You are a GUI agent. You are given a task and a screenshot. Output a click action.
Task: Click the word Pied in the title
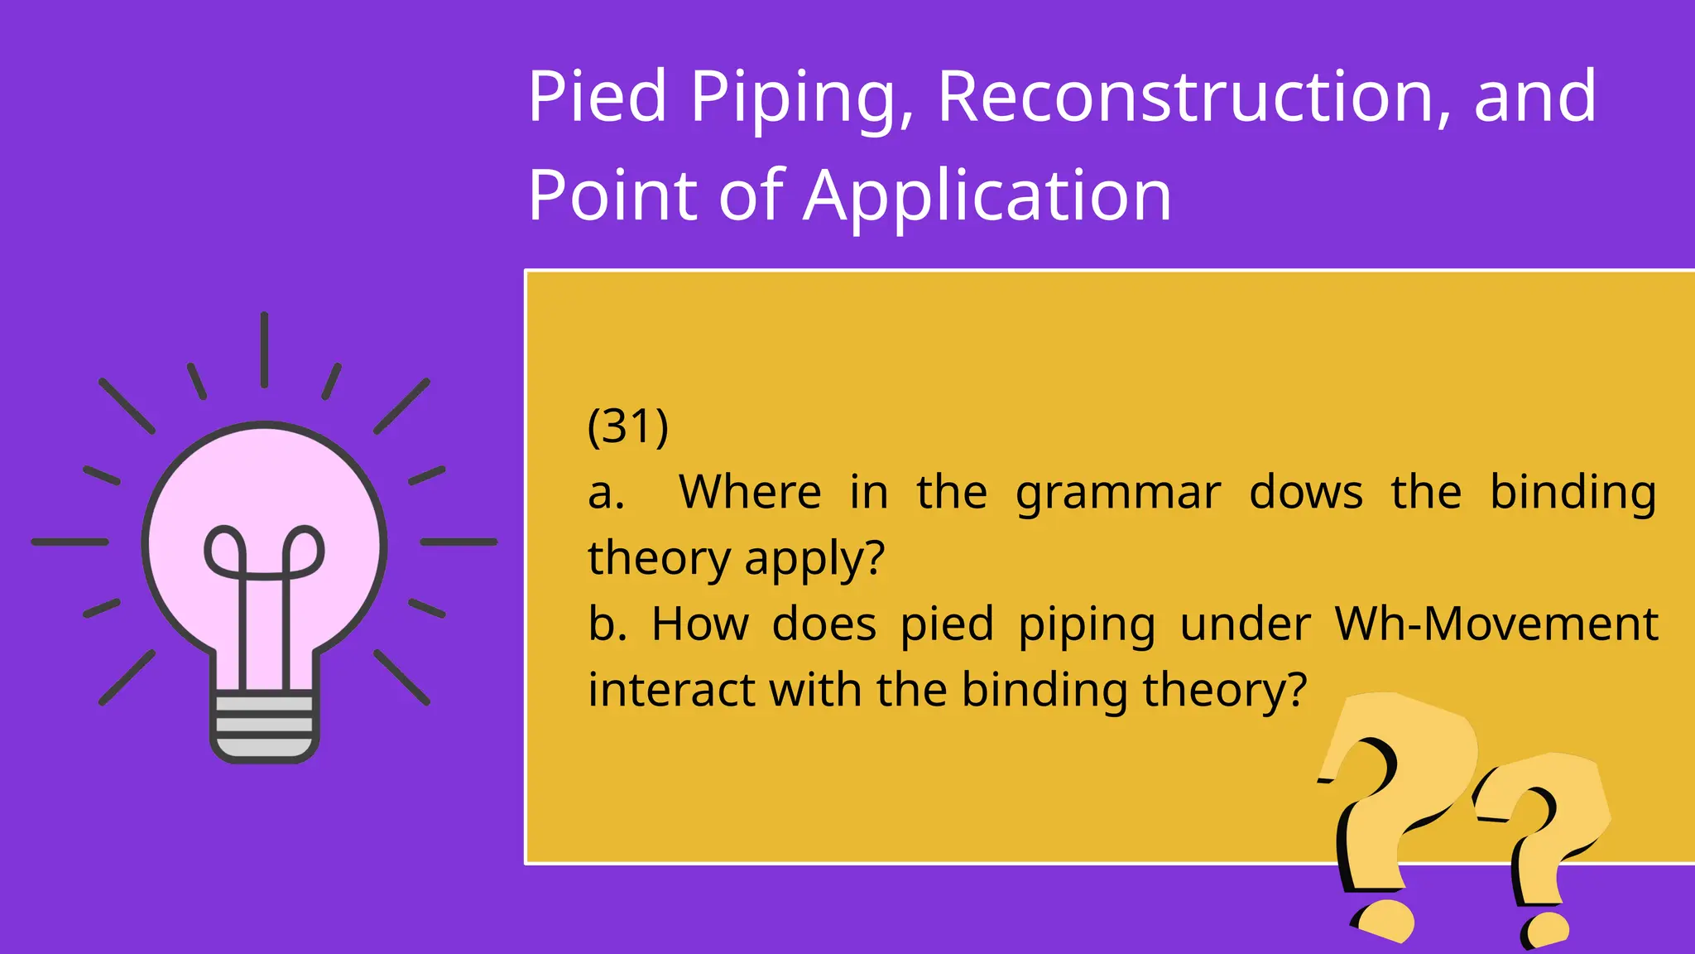click(x=597, y=97)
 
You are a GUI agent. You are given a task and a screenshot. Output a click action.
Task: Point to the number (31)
click(x=627, y=426)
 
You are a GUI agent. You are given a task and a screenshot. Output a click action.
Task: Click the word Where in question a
click(x=750, y=492)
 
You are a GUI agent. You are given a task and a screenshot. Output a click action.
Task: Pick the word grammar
click(x=1118, y=494)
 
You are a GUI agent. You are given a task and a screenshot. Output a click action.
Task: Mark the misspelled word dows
click(x=1305, y=492)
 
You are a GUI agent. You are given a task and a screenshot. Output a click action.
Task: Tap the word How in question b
click(x=700, y=624)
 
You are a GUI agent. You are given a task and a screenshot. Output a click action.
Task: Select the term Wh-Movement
click(x=1496, y=624)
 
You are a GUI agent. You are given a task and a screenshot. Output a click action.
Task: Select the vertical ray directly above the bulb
click(x=264, y=349)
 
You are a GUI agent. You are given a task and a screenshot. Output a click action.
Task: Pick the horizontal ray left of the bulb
click(x=70, y=542)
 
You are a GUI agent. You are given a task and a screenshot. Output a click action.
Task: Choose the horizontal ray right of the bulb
click(x=459, y=542)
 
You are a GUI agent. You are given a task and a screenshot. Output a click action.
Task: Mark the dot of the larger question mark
click(x=1384, y=919)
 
